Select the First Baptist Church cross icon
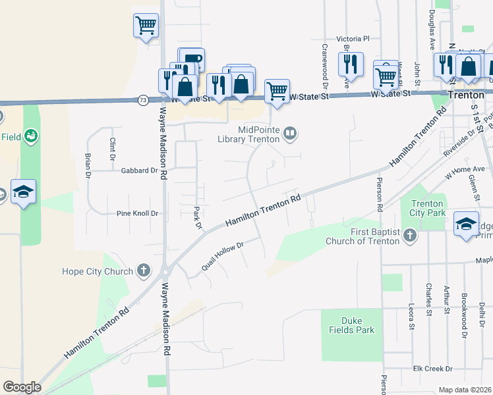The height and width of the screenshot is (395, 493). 410,235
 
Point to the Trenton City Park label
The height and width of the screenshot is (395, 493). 428,208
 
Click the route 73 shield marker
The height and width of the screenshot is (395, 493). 143,100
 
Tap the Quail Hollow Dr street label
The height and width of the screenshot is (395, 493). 223,256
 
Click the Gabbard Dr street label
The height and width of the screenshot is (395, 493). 140,170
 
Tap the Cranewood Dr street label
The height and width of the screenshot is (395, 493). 325,66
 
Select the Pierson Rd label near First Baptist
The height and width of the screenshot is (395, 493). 380,191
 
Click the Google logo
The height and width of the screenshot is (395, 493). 22,386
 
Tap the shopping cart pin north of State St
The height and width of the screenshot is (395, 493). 146,26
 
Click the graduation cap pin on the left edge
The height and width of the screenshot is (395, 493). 23,192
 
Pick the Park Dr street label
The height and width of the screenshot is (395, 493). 196,218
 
